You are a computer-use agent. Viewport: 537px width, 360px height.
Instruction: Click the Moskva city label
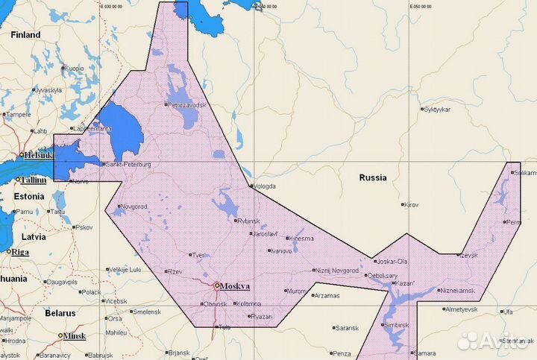(235, 285)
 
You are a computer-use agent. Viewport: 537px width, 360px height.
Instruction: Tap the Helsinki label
(38, 155)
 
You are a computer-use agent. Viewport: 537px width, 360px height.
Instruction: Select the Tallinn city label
(34, 180)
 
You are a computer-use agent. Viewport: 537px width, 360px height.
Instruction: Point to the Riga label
(20, 252)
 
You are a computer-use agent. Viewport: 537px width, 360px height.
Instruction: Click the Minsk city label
(74, 336)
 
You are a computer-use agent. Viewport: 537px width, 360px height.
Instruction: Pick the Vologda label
(265, 186)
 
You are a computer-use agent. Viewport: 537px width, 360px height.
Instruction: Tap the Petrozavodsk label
(186, 105)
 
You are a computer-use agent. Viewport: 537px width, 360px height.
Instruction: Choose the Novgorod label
(135, 206)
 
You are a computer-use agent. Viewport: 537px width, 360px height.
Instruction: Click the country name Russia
(373, 178)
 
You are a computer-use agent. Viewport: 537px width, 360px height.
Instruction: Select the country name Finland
(25, 35)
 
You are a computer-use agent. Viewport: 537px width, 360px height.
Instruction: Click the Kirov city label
(412, 204)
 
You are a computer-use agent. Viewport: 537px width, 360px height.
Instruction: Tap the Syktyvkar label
(437, 109)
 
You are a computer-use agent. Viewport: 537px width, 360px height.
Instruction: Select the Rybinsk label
(248, 221)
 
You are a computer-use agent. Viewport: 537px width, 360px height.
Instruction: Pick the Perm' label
(512, 221)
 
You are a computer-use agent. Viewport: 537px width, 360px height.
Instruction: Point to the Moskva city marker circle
(216, 285)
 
